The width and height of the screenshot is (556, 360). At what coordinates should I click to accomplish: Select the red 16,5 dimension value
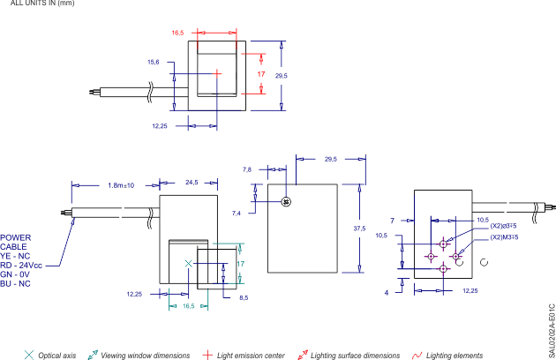click(177, 33)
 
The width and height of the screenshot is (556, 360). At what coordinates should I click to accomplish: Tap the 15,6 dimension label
click(153, 63)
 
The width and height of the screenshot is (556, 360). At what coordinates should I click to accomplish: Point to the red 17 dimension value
click(261, 75)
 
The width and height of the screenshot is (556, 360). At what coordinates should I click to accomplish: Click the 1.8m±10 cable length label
click(121, 185)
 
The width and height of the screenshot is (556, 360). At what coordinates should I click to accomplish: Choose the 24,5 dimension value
click(192, 184)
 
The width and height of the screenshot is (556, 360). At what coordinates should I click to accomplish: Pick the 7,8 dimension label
click(247, 169)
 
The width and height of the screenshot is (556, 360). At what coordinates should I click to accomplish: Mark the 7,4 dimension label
click(237, 214)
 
